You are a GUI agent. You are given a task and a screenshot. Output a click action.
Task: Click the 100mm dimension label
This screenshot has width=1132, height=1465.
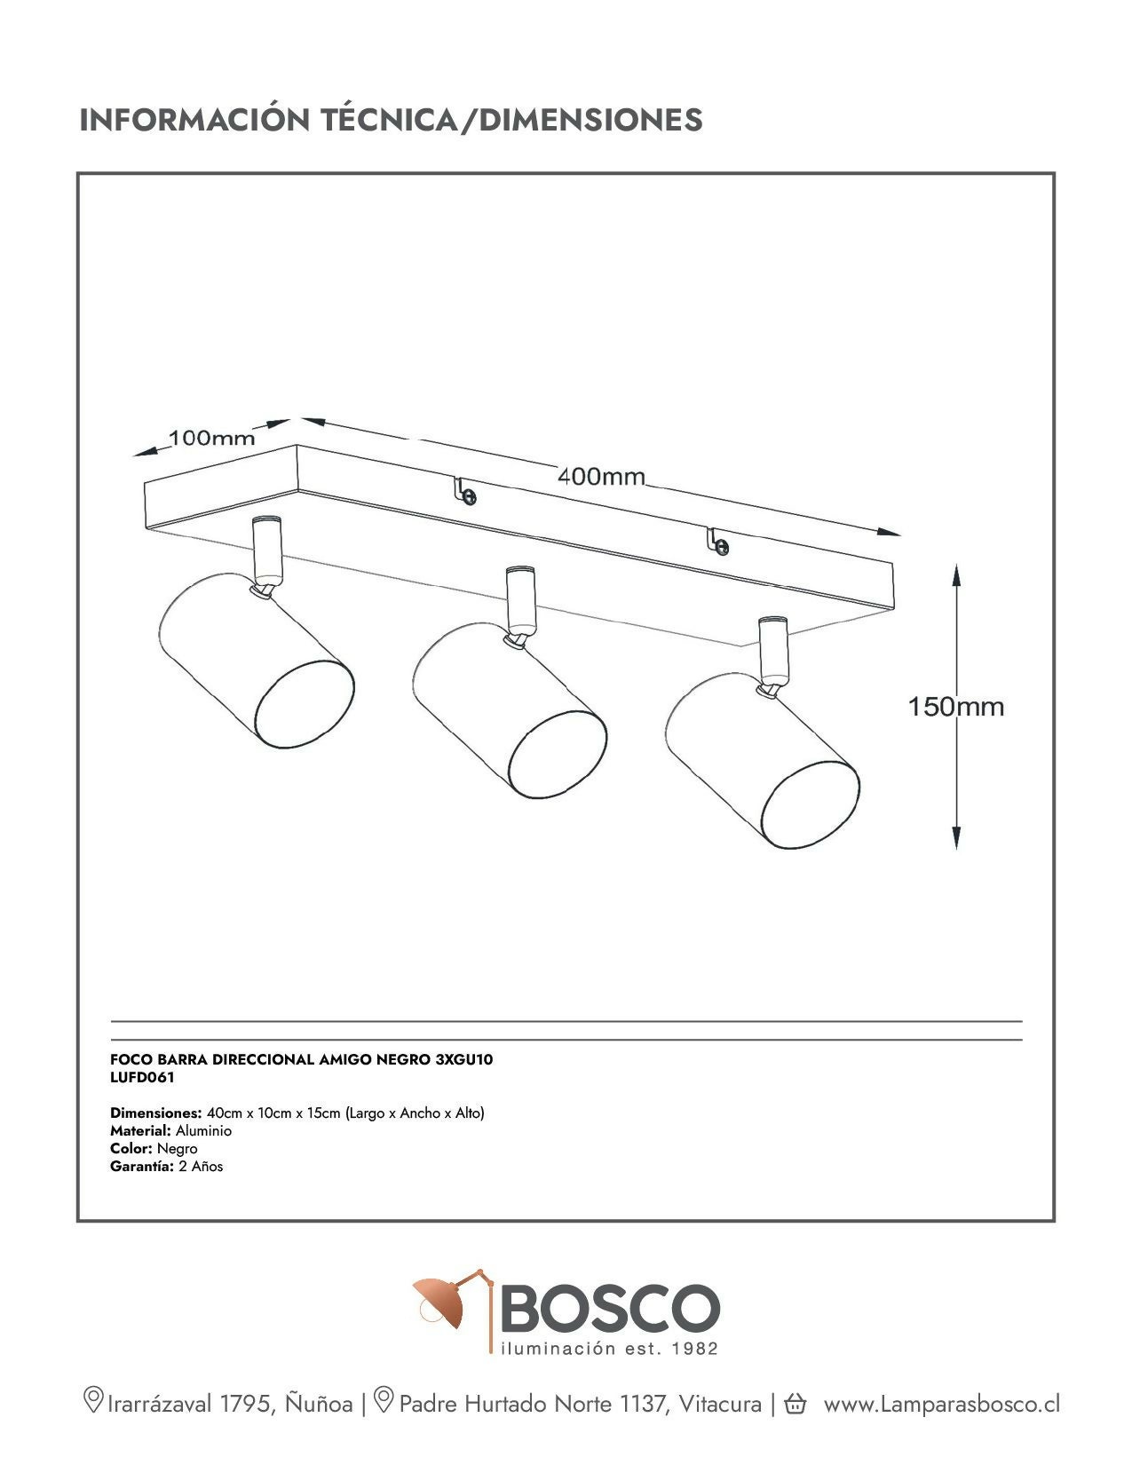click(x=211, y=438)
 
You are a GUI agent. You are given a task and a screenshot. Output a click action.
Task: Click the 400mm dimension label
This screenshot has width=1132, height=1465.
click(x=601, y=477)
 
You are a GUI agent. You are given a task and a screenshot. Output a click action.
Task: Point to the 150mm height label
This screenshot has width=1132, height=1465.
click(x=955, y=707)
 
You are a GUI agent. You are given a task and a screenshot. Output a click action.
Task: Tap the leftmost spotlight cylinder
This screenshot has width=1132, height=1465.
click(x=256, y=675)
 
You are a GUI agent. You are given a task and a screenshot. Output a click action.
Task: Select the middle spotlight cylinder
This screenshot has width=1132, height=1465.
click(x=510, y=713)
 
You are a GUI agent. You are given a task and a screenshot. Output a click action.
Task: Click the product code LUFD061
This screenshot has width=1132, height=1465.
click(x=142, y=1078)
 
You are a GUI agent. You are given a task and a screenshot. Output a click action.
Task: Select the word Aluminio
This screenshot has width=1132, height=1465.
click(x=203, y=1131)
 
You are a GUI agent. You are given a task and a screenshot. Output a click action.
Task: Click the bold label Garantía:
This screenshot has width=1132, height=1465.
click(x=141, y=1167)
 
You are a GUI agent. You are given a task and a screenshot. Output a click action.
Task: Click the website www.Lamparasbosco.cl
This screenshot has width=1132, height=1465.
click(x=941, y=1404)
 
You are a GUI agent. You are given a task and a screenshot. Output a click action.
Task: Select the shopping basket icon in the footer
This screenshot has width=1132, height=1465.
click(x=795, y=1404)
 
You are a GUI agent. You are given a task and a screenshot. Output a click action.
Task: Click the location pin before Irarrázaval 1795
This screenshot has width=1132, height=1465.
click(x=92, y=1401)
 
